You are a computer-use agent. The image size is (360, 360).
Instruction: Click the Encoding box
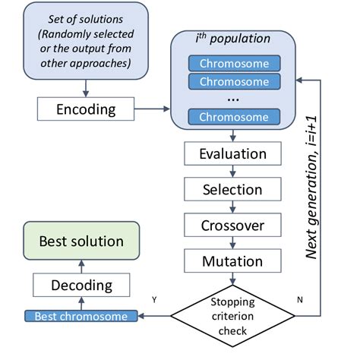coord(86,109)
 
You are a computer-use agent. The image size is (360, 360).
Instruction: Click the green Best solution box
coord(81,242)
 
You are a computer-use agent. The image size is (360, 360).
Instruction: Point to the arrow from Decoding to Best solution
coord(81,264)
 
